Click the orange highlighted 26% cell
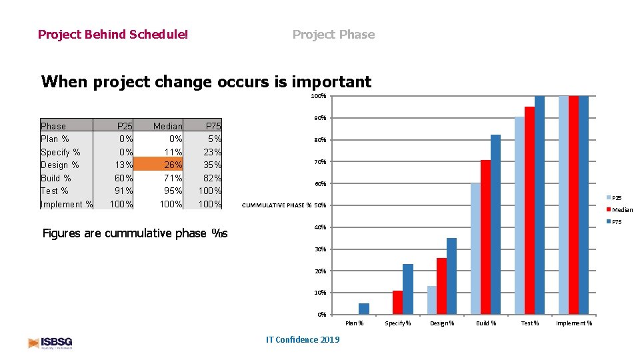point(167,165)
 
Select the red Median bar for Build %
point(485,237)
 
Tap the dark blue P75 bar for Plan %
point(363,309)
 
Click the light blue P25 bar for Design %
point(431,300)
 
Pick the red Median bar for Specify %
point(397,302)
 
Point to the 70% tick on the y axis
point(319,162)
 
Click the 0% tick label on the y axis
point(321,315)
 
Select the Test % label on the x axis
point(530,323)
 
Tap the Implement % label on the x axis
point(574,323)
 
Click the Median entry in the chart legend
point(622,210)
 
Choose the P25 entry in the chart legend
point(617,198)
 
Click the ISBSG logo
point(51,343)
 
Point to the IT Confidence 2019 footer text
point(302,340)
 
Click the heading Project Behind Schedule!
point(113,34)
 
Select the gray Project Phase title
point(333,34)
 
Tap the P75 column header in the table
point(213,126)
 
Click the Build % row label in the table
point(55,178)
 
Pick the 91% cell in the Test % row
point(123,191)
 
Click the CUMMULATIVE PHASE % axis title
point(276,205)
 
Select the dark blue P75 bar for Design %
point(451,276)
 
